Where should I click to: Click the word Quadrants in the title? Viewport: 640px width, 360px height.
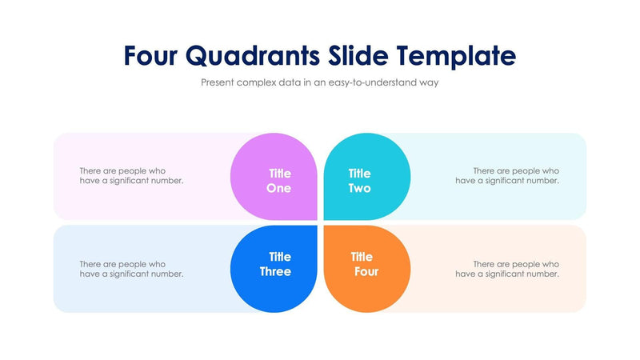(x=254, y=55)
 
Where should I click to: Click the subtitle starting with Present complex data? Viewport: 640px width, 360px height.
(x=319, y=82)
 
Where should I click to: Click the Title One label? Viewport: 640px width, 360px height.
(x=279, y=181)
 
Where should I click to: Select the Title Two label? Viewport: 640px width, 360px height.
(x=360, y=181)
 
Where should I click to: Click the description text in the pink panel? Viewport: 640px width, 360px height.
(x=132, y=175)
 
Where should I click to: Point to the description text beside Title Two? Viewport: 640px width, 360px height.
(x=507, y=175)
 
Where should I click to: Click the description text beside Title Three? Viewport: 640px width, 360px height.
(x=132, y=269)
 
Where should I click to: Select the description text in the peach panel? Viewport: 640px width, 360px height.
(x=507, y=269)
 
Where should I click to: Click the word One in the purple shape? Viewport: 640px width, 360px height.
(x=279, y=189)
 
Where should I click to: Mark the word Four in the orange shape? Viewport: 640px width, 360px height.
(x=366, y=272)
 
